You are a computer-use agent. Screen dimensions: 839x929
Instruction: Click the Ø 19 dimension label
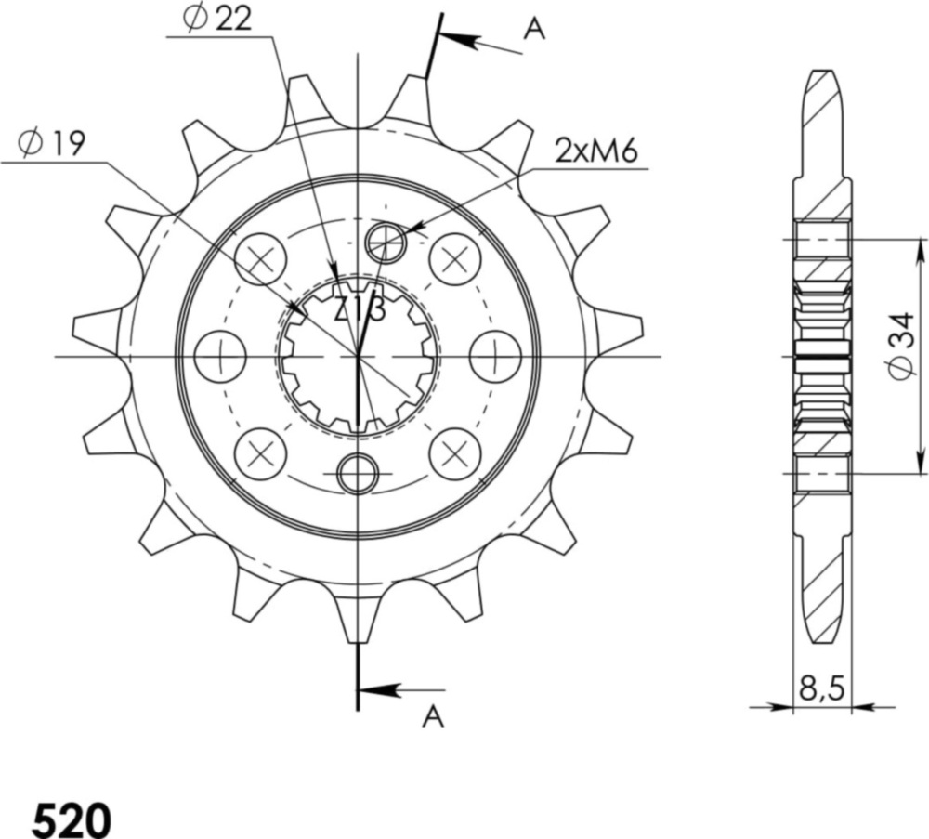pos(52,143)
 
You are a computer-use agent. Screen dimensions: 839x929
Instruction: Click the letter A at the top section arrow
pos(533,30)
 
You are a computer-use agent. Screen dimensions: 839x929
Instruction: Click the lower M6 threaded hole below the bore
pos(358,474)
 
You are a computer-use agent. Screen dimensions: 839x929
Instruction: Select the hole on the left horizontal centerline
pos(221,356)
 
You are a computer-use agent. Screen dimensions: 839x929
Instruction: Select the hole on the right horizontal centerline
pos(494,356)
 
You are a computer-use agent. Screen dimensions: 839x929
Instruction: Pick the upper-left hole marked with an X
pos(261,259)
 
